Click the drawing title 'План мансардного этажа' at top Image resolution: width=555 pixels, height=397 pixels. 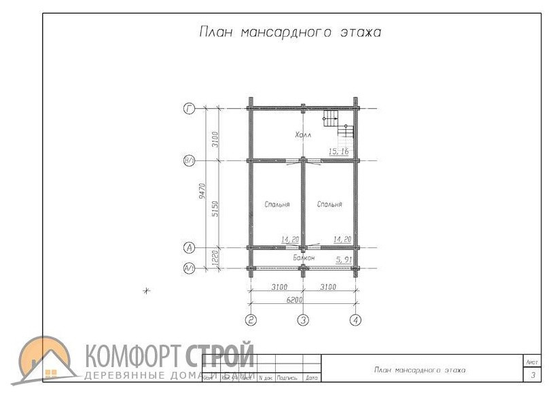click(289, 32)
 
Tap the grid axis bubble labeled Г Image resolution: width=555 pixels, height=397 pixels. click(190, 108)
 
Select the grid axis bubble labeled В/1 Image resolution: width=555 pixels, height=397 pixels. click(190, 161)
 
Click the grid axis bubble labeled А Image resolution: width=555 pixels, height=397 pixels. click(190, 247)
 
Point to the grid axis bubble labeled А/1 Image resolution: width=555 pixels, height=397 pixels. click(190, 269)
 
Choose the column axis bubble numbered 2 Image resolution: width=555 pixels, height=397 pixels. click(251, 320)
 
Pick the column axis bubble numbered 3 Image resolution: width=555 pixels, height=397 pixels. click(304, 320)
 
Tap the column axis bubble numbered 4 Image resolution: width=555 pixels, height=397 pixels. click(355, 320)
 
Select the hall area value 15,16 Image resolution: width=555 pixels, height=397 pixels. click(338, 152)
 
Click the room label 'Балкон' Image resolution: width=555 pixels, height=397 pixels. click(304, 258)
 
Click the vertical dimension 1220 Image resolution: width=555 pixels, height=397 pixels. click(215, 258)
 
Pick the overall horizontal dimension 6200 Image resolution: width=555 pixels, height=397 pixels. click(294, 298)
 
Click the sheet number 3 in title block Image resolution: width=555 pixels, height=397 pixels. click(533, 375)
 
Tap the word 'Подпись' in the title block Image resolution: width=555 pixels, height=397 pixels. click(288, 377)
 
